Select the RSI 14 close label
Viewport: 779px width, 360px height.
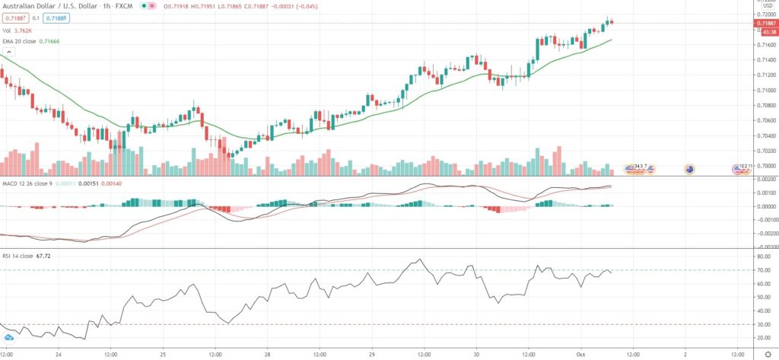tap(17, 256)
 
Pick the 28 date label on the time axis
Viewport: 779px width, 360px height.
tap(266, 354)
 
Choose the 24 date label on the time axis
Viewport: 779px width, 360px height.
tap(58, 354)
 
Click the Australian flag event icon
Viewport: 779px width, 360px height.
tap(689, 169)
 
